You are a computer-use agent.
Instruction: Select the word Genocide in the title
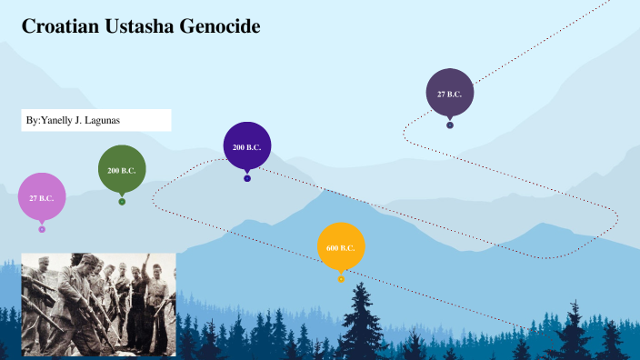[x=218, y=27]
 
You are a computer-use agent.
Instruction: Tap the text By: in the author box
[x=33, y=121]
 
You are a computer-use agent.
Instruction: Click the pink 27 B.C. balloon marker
[x=42, y=196]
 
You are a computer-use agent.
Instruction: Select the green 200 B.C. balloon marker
[x=122, y=169]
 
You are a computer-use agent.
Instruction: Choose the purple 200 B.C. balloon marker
[x=247, y=146]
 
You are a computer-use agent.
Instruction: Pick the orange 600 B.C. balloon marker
[x=341, y=246]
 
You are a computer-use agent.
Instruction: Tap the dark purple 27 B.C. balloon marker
[x=450, y=93]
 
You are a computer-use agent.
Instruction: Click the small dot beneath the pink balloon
[x=42, y=229]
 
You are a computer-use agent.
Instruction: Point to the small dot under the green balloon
[x=122, y=202]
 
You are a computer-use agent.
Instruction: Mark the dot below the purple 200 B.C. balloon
[x=247, y=178]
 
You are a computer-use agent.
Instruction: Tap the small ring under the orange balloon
[x=341, y=279]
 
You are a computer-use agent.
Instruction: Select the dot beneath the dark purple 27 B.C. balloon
[x=450, y=125]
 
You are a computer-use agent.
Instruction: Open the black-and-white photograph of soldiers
[x=98, y=304]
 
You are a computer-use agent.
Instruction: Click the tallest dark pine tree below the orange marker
[x=362, y=318]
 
